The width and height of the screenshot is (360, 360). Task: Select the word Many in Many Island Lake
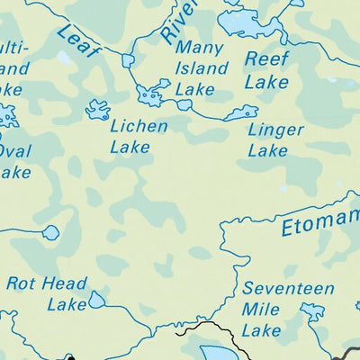click(x=197, y=49)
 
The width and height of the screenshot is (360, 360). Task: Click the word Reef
click(x=266, y=59)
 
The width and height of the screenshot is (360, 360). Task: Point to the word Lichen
click(x=138, y=126)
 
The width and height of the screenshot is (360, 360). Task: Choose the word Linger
click(x=275, y=130)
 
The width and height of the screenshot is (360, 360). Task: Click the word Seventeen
click(x=289, y=290)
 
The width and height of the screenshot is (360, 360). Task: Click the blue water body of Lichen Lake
click(x=97, y=110)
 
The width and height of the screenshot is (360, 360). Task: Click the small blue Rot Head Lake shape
click(x=96, y=301)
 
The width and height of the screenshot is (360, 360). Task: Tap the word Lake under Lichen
click(x=130, y=147)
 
